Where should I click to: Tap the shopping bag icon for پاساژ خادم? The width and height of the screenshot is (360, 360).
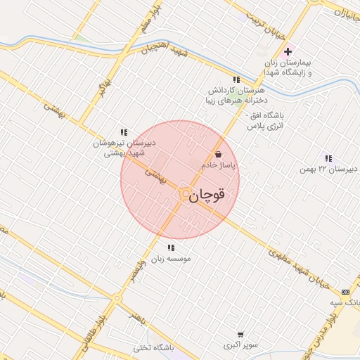point(219,154)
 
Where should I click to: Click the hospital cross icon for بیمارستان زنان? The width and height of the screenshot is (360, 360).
point(288,52)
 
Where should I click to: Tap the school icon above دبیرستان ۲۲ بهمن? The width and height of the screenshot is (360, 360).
point(328,158)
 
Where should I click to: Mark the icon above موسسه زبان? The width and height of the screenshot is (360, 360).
point(171,247)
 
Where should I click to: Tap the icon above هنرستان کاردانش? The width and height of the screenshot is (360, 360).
point(236,80)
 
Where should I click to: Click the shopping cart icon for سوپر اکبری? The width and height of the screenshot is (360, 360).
point(241,335)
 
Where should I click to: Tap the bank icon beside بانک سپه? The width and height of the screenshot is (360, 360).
point(345,292)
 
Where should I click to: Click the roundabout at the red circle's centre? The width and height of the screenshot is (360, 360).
point(185,193)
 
